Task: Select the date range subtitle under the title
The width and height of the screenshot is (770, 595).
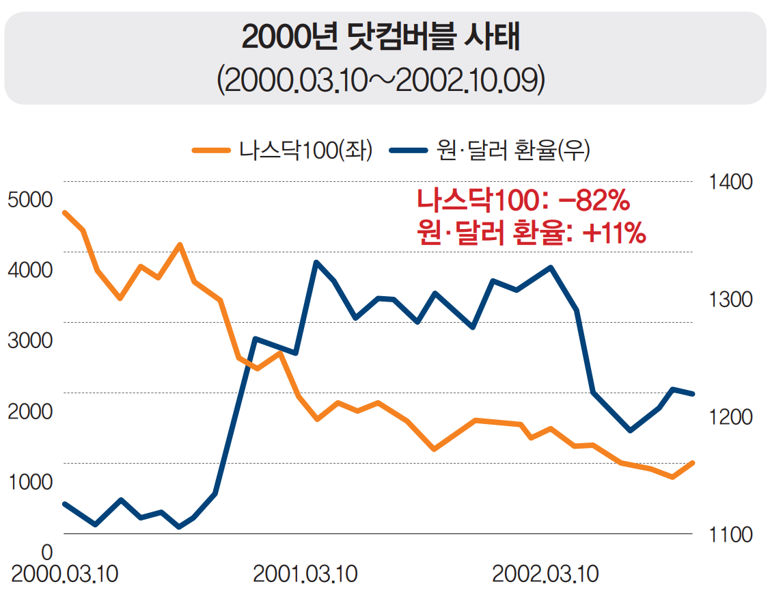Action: (x=381, y=80)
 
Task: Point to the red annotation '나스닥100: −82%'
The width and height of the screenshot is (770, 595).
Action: (x=522, y=201)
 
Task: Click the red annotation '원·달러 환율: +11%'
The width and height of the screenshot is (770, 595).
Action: (x=531, y=233)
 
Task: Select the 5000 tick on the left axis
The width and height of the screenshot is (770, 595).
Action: (x=29, y=200)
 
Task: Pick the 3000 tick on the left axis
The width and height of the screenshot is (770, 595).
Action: (x=29, y=341)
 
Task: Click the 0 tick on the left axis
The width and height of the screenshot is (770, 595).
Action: (x=47, y=551)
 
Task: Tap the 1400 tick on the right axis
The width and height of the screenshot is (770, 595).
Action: (x=731, y=182)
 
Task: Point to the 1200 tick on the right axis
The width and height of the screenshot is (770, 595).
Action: (x=731, y=416)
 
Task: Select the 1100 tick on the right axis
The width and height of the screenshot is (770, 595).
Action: (x=731, y=534)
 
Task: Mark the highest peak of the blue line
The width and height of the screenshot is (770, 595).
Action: (x=316, y=262)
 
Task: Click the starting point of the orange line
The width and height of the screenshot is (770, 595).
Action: (x=64, y=213)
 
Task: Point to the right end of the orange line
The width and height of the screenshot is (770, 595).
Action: (x=693, y=463)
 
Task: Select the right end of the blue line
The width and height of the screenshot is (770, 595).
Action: (x=693, y=394)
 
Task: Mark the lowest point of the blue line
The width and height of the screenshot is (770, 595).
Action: (x=179, y=527)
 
